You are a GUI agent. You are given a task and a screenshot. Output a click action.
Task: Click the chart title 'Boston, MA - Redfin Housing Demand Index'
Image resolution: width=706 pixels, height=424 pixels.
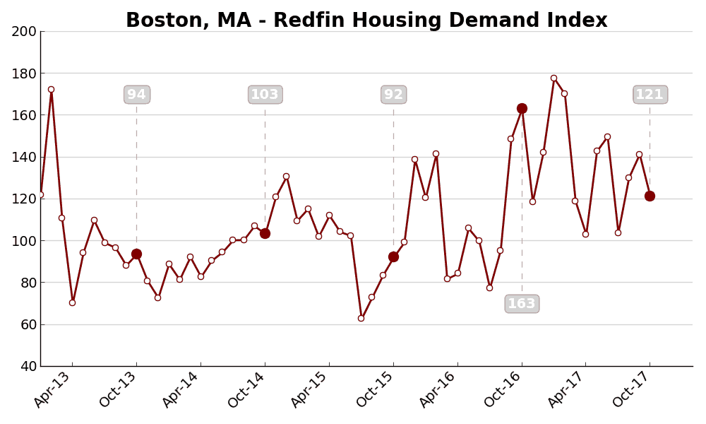tap(366, 20)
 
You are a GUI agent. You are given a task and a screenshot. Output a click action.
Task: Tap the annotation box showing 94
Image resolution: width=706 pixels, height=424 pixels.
tap(136, 95)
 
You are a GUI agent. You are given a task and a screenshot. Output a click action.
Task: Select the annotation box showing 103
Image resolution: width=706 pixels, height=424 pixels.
tap(265, 95)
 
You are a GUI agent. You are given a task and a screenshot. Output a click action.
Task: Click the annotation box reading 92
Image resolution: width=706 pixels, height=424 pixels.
tap(393, 95)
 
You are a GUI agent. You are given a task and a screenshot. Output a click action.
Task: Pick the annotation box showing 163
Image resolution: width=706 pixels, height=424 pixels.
tap(522, 304)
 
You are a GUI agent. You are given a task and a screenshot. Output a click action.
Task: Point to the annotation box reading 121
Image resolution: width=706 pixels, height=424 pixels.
tap(650, 95)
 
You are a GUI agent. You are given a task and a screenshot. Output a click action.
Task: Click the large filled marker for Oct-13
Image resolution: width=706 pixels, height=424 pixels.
tap(136, 254)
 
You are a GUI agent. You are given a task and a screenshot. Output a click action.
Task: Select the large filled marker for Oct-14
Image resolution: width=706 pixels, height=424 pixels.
tap(265, 233)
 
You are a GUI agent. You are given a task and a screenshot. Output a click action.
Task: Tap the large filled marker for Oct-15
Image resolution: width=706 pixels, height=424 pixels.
tap(393, 257)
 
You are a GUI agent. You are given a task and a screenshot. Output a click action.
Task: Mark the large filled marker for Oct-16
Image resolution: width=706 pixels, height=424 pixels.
tap(522, 108)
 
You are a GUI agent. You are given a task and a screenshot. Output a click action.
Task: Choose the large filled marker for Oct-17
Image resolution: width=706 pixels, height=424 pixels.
tap(650, 196)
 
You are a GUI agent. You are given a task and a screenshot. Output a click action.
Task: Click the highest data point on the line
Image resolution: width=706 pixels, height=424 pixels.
tap(554, 78)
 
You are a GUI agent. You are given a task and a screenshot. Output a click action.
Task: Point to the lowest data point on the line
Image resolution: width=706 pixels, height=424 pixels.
tap(361, 318)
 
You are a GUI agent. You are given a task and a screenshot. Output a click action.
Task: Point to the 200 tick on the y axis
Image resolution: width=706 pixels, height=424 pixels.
tap(23, 31)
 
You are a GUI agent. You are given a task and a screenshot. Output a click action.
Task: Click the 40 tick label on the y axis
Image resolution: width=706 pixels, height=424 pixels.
tap(27, 366)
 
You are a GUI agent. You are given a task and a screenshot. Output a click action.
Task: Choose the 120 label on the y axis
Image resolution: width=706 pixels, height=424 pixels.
tap(23, 199)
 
